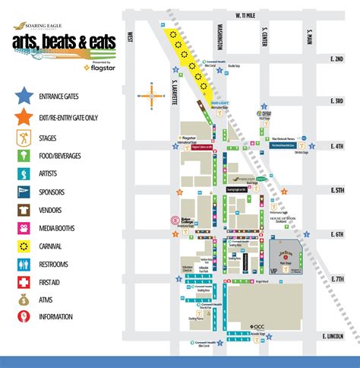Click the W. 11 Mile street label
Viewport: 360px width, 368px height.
coord(248,14)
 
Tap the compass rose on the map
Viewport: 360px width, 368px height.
coord(152,96)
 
